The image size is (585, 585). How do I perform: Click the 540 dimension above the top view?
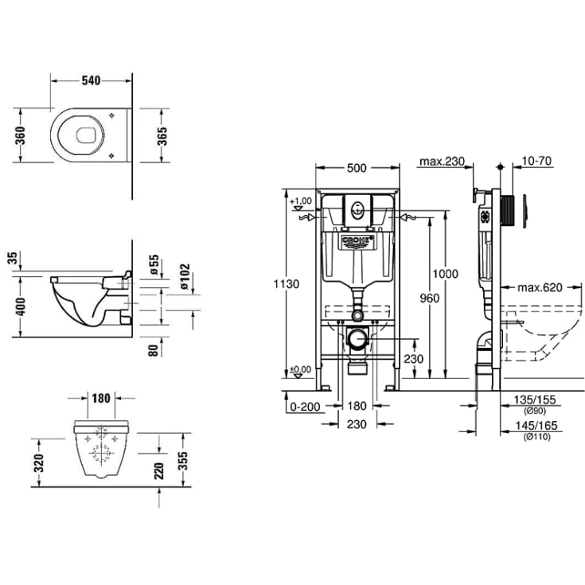coord(92,80)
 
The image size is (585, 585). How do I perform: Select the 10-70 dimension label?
coord(538,162)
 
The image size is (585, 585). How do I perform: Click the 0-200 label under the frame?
coord(306,406)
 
